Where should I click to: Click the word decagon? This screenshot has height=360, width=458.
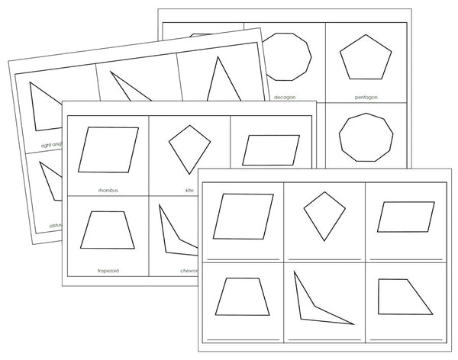[284, 98]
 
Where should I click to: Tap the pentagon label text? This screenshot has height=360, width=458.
[366, 98]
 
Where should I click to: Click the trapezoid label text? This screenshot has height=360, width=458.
[107, 269]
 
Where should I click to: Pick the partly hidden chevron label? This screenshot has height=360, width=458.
[188, 269]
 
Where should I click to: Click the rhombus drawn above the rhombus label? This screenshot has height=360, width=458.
[109, 150]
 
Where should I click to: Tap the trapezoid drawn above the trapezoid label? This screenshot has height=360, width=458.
[108, 230]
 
